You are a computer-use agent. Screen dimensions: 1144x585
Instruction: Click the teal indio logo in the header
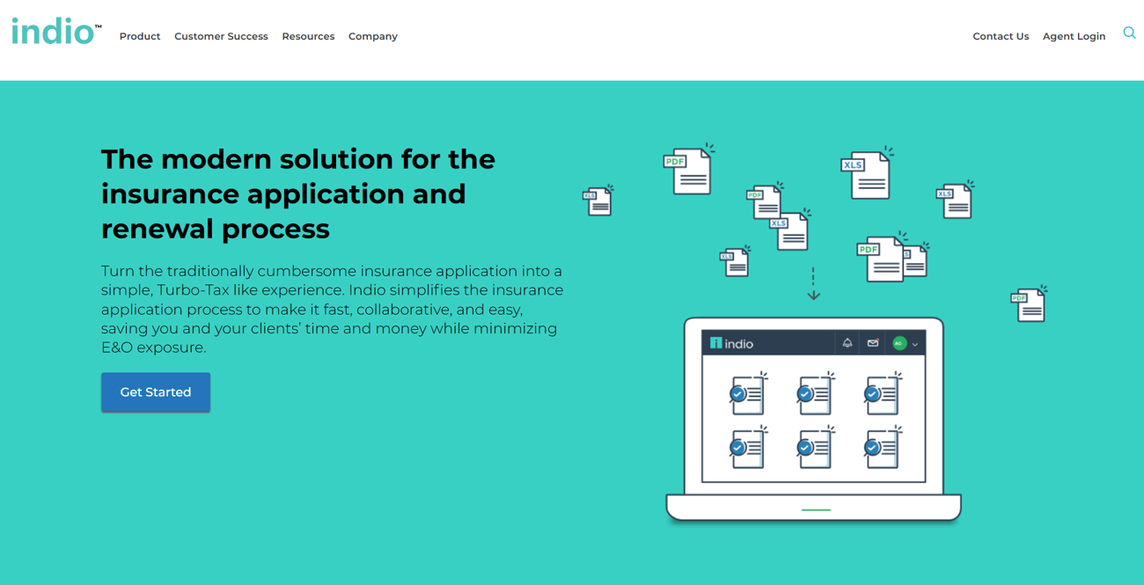point(56,31)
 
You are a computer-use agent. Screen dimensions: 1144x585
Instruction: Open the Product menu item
point(140,36)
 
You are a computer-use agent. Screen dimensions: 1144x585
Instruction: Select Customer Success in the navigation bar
point(221,36)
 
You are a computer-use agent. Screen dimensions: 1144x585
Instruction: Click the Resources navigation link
point(308,36)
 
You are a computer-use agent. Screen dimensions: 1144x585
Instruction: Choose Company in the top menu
point(373,37)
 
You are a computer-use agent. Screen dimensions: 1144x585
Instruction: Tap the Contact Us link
point(1001,36)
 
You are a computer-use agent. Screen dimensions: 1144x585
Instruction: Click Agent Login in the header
point(1074,37)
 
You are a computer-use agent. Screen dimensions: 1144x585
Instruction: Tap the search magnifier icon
point(1129,33)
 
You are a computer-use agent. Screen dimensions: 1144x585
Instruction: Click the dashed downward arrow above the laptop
point(814,283)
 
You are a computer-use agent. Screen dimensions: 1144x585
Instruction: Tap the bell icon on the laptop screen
point(847,343)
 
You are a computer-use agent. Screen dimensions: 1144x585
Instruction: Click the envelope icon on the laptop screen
point(873,342)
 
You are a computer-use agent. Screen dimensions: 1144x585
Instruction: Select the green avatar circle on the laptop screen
point(899,344)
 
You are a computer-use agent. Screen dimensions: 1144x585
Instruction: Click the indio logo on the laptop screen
point(731,344)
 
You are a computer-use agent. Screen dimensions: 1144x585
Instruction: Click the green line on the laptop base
point(816,510)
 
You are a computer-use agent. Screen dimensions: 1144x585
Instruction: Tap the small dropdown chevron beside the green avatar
point(915,345)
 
